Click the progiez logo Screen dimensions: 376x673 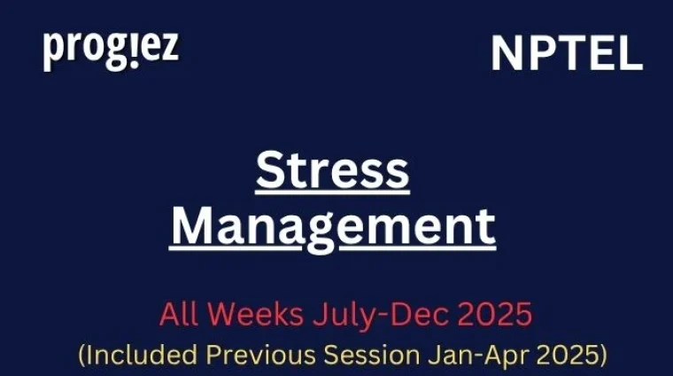(x=111, y=51)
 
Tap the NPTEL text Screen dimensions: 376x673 (x=567, y=56)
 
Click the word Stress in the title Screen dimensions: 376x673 (x=333, y=170)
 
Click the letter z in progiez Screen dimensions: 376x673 (x=168, y=50)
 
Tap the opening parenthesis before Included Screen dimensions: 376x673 (x=81, y=356)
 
